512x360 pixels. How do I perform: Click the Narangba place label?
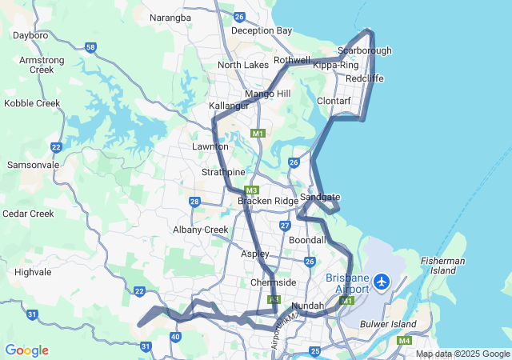pyautogui.click(x=170, y=18)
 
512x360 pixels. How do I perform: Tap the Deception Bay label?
pyautogui.click(x=262, y=31)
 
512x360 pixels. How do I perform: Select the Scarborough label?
pyautogui.click(x=365, y=50)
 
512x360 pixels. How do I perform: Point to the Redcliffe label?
pyautogui.click(x=365, y=78)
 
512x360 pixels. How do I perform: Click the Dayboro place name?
pyautogui.click(x=31, y=35)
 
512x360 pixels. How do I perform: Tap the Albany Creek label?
pyautogui.click(x=201, y=230)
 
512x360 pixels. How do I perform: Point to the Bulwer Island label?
pyautogui.click(x=389, y=324)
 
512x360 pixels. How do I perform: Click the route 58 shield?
pyautogui.click(x=91, y=48)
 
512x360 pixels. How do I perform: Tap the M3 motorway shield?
pyautogui.click(x=251, y=190)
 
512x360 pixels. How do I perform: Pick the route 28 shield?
pyautogui.click(x=195, y=202)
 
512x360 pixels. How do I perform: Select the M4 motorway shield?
pyautogui.click(x=404, y=341)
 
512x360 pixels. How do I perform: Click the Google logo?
pyautogui.click(x=26, y=350)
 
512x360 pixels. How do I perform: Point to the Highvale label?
pyautogui.click(x=33, y=272)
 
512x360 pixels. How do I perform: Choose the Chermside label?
pyautogui.click(x=274, y=282)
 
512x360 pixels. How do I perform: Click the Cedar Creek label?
pyautogui.click(x=28, y=214)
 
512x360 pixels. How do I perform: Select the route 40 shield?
pyautogui.click(x=175, y=337)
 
